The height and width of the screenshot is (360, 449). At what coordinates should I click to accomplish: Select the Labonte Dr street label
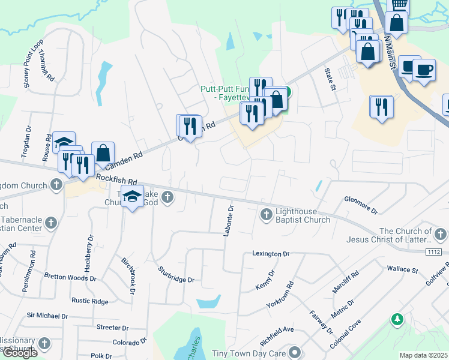click(228, 220)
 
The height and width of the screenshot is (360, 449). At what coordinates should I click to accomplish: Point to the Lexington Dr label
click(271, 254)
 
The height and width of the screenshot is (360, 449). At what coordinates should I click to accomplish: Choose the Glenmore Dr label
click(361, 205)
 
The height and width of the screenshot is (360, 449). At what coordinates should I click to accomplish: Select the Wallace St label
click(402, 269)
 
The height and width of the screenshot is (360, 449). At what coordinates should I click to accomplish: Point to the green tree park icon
click(397, 320)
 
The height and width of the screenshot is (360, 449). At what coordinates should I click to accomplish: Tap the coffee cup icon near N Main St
click(424, 70)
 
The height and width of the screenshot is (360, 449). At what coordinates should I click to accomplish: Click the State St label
click(330, 79)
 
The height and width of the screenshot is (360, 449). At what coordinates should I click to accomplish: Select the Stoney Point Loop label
click(33, 64)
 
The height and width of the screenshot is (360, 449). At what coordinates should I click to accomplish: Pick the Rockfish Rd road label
click(116, 179)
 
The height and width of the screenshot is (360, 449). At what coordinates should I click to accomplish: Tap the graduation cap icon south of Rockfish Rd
click(132, 196)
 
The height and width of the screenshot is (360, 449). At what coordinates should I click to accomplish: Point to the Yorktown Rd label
click(281, 295)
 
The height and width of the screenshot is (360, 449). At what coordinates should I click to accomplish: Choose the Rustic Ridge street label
click(89, 301)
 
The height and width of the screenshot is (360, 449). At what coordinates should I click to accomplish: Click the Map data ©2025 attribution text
click(424, 355)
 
